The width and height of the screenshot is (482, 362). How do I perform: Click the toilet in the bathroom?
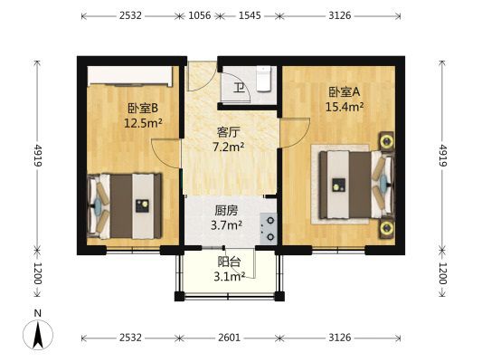[264, 79]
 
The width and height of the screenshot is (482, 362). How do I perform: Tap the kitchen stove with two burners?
[269, 229]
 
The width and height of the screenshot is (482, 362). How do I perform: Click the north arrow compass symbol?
[38, 334]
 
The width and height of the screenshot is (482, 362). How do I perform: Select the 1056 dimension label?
[200, 15]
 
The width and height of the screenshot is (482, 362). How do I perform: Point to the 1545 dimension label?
[250, 15]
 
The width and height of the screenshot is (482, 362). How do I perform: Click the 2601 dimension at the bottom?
[229, 338]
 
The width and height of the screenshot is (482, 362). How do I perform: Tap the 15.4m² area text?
[345, 107]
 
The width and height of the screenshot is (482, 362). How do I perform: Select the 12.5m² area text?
[143, 123]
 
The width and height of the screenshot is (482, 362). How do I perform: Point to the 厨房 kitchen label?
[226, 211]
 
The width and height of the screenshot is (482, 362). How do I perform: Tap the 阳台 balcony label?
[229, 262]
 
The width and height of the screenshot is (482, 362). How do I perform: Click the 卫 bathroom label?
[239, 88]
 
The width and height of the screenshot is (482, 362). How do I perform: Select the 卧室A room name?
[345, 91]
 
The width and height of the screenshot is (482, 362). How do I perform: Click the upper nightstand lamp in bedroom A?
[386, 141]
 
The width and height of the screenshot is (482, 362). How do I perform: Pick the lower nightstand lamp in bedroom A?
[386, 228]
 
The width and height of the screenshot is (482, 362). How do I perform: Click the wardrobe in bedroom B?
[130, 76]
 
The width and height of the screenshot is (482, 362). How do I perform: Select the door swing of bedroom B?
[165, 153]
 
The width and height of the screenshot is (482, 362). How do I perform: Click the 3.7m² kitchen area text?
[226, 225]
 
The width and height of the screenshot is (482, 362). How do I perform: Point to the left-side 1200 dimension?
[37, 273]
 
